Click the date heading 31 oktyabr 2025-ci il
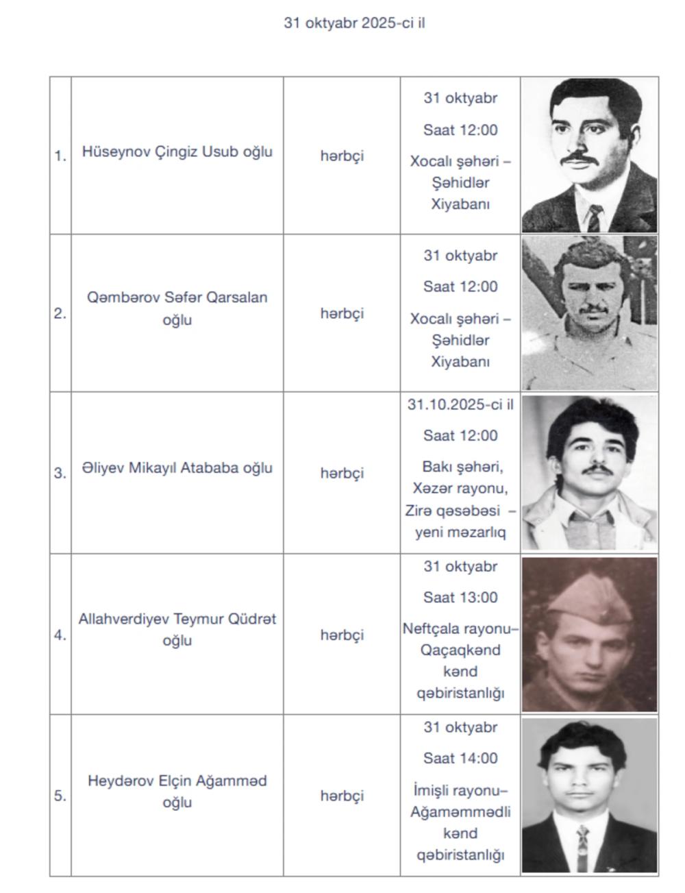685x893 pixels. click(x=355, y=23)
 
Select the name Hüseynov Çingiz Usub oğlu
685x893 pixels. click(x=177, y=151)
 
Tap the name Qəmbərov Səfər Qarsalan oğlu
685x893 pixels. click(x=177, y=308)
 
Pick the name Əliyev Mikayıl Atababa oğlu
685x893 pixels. click(x=177, y=468)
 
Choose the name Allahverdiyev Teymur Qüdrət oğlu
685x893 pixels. click(x=177, y=629)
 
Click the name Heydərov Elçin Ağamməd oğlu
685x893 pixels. click(x=177, y=791)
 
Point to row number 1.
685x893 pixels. click(x=60, y=156)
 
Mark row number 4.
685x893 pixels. click(x=60, y=635)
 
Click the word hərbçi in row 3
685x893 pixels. click(x=342, y=473)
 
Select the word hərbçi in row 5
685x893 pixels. click(x=342, y=796)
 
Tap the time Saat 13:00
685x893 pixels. click(x=460, y=598)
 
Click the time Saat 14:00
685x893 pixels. click(x=460, y=759)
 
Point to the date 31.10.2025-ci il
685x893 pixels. click(x=460, y=404)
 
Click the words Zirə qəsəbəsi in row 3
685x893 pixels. click(x=452, y=511)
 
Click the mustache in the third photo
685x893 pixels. click(x=597, y=470)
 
